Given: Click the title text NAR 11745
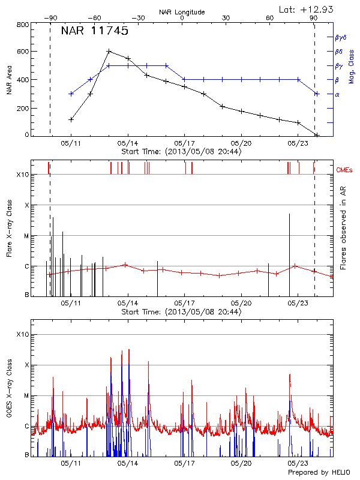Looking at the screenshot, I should tap(94, 31).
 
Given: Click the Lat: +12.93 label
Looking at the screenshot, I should tap(306, 9).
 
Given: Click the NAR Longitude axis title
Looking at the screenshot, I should tap(182, 12).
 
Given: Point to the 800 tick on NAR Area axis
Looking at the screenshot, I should tap(23, 25).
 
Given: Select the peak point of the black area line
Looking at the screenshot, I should tap(109, 51).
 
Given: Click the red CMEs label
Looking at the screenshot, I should tap(345, 170).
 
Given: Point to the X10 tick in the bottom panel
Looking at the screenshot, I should tap(22, 334).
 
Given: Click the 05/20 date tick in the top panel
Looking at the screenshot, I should tap(241, 144).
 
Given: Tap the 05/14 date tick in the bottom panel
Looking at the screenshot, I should tap(128, 464).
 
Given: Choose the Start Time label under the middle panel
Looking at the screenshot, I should tap(181, 312).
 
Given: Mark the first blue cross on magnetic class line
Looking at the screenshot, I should tap(71, 94).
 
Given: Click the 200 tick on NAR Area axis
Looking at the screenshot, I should tap(23, 108).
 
